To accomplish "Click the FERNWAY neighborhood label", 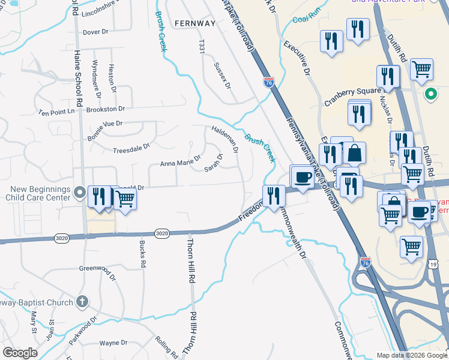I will [194, 23].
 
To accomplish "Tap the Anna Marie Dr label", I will [180, 163].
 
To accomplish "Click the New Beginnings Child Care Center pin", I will [81, 193].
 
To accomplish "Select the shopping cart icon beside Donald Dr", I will [125, 199].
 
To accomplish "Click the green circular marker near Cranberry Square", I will [430, 94].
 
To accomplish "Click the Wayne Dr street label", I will [113, 343].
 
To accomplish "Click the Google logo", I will [20, 353].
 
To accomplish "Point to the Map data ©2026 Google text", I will [411, 355].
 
